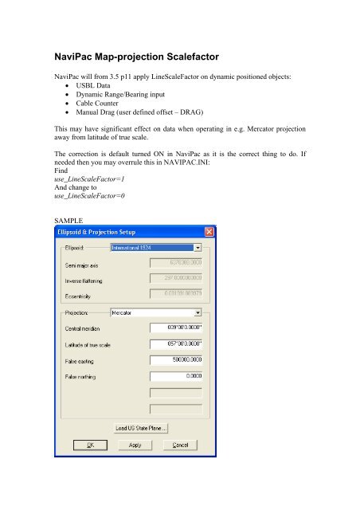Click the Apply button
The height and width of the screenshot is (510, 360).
(x=136, y=444)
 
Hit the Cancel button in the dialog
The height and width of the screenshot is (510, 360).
(x=180, y=444)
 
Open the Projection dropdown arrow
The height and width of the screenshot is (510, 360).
(x=197, y=313)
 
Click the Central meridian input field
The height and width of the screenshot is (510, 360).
(x=176, y=328)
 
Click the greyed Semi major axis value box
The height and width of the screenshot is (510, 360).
(x=176, y=262)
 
